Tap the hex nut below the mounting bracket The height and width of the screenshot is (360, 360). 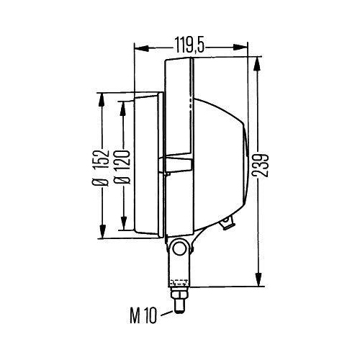click(x=179, y=294)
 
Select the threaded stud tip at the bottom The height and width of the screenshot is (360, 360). click(x=179, y=310)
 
